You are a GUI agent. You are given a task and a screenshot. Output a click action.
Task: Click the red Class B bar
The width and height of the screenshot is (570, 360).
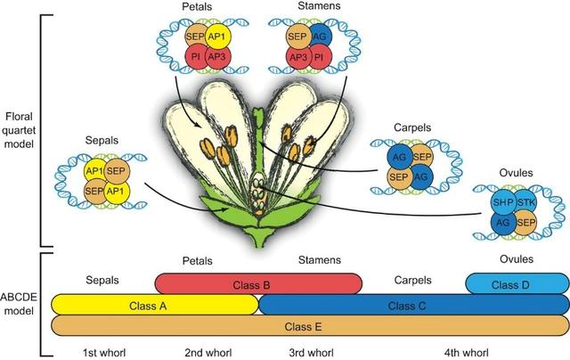(x=258, y=284)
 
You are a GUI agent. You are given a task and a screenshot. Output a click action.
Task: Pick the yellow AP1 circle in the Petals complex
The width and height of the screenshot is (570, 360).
(x=216, y=37)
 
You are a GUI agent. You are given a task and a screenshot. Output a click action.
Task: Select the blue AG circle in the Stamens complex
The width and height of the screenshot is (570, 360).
(x=322, y=37)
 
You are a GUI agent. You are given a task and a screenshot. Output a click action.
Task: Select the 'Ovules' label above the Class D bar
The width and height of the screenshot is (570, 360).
(x=517, y=259)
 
